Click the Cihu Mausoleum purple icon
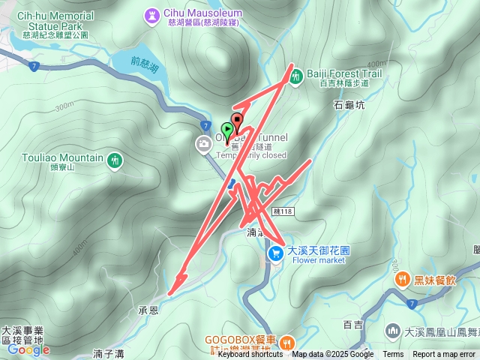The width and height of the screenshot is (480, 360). (x=153, y=14)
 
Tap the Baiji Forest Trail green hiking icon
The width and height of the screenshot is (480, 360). (x=297, y=75)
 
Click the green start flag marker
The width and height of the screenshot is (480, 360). (x=227, y=130)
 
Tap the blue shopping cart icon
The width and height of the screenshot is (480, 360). (x=276, y=254)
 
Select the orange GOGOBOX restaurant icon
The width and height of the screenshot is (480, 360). (x=287, y=343)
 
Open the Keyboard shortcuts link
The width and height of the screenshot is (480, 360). (x=250, y=355)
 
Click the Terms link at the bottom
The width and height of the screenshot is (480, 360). (x=393, y=355)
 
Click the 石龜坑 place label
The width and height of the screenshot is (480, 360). (x=349, y=106)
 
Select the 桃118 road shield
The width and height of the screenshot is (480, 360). (x=283, y=214)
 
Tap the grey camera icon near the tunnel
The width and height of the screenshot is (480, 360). (x=203, y=144)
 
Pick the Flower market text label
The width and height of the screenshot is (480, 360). (x=318, y=260)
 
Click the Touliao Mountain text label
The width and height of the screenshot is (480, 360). (x=63, y=158)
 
